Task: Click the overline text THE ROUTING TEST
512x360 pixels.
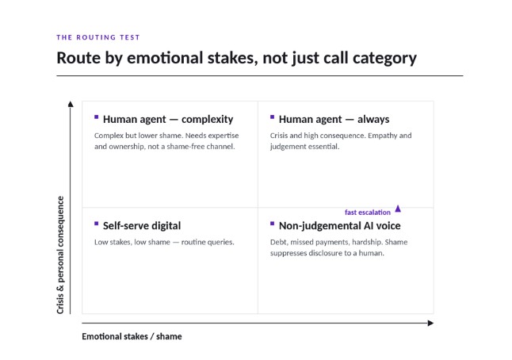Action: pyautogui.click(x=98, y=37)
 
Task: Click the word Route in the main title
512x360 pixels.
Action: pyautogui.click(x=78, y=58)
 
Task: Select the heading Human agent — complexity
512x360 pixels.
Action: pyautogui.click(x=168, y=119)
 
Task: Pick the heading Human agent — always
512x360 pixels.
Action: pyautogui.click(x=334, y=119)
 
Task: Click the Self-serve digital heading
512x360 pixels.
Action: pyautogui.click(x=142, y=226)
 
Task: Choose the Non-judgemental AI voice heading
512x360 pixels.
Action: pyautogui.click(x=339, y=226)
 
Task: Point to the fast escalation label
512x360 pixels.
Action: pyautogui.click(x=368, y=213)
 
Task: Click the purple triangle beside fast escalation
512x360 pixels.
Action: pyautogui.click(x=398, y=209)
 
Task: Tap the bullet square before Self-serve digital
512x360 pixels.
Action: pyautogui.click(x=97, y=224)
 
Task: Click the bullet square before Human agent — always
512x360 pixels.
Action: pyautogui.click(x=273, y=117)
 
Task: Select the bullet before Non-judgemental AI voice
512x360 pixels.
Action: pyautogui.click(x=273, y=224)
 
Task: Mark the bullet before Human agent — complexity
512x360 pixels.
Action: pyautogui.click(x=97, y=117)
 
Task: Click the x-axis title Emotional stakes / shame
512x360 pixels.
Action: pyautogui.click(x=132, y=336)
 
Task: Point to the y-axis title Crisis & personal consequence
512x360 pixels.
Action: pyautogui.click(x=60, y=255)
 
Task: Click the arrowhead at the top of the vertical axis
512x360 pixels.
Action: pyautogui.click(x=71, y=104)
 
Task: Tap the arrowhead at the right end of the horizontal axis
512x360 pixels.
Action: pyautogui.click(x=430, y=323)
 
